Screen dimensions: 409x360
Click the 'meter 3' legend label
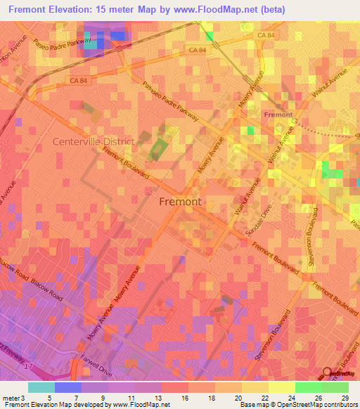point(14,398)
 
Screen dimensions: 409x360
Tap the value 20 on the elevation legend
point(241,398)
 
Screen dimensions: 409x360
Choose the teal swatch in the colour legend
point(41,387)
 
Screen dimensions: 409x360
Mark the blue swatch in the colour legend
point(68,387)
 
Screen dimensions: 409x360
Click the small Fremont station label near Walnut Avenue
point(278,114)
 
